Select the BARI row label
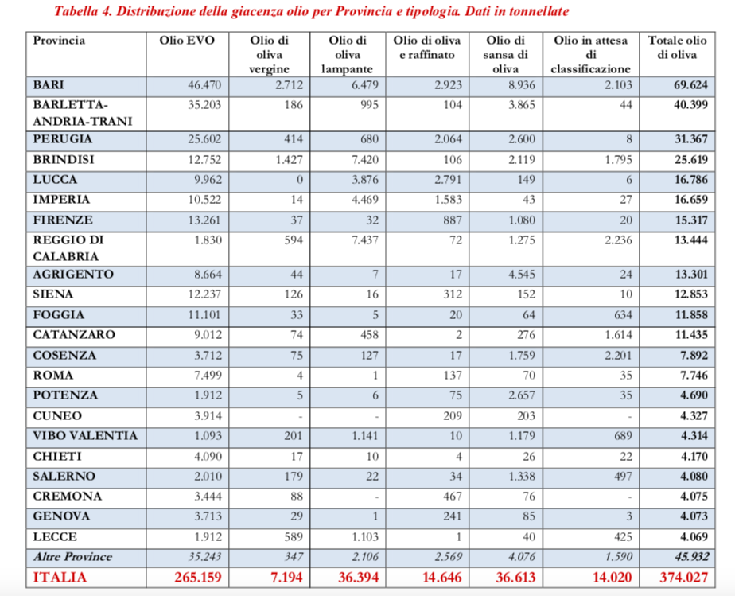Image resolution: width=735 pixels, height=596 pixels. point(49,84)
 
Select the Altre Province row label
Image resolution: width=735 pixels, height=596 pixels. point(72,557)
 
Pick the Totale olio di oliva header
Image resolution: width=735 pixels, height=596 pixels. point(677,47)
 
